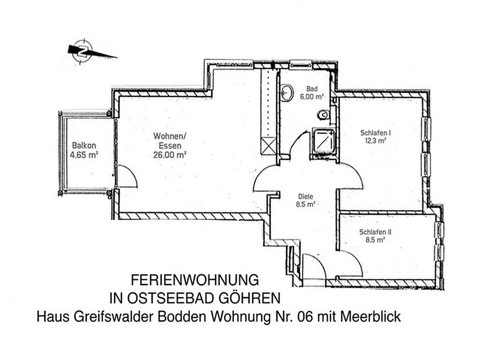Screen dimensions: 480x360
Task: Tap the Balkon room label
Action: click(84, 145)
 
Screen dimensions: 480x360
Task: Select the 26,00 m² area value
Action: click(170, 155)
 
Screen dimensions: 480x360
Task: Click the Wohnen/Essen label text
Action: click(170, 141)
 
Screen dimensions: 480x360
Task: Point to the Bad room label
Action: click(312, 89)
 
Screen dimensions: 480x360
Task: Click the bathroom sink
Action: click(287, 92)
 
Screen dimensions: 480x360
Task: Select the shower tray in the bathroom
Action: click(323, 141)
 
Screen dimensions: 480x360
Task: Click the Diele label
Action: click(306, 196)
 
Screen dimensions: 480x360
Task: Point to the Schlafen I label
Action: click(375, 133)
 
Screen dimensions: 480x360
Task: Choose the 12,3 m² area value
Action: click(375, 141)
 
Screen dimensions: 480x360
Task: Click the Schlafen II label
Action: click(375, 232)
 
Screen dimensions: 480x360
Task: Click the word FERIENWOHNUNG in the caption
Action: click(195, 280)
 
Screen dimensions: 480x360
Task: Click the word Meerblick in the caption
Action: click(370, 317)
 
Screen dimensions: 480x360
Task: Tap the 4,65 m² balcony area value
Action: click(84, 155)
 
